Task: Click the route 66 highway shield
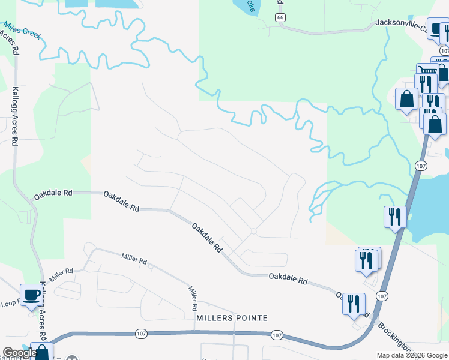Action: [x=280, y=18]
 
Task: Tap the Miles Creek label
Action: [x=23, y=30]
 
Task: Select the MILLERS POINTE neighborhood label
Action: [x=231, y=317]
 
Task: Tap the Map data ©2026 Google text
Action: [x=411, y=355]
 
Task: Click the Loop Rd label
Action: [x=10, y=303]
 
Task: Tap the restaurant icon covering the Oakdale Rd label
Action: [x=354, y=303]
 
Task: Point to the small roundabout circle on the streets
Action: [x=254, y=231]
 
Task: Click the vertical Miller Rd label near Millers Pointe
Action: [x=192, y=298]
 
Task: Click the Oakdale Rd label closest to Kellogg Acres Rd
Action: [x=53, y=193]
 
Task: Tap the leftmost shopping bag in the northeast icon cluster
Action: [x=407, y=99]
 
